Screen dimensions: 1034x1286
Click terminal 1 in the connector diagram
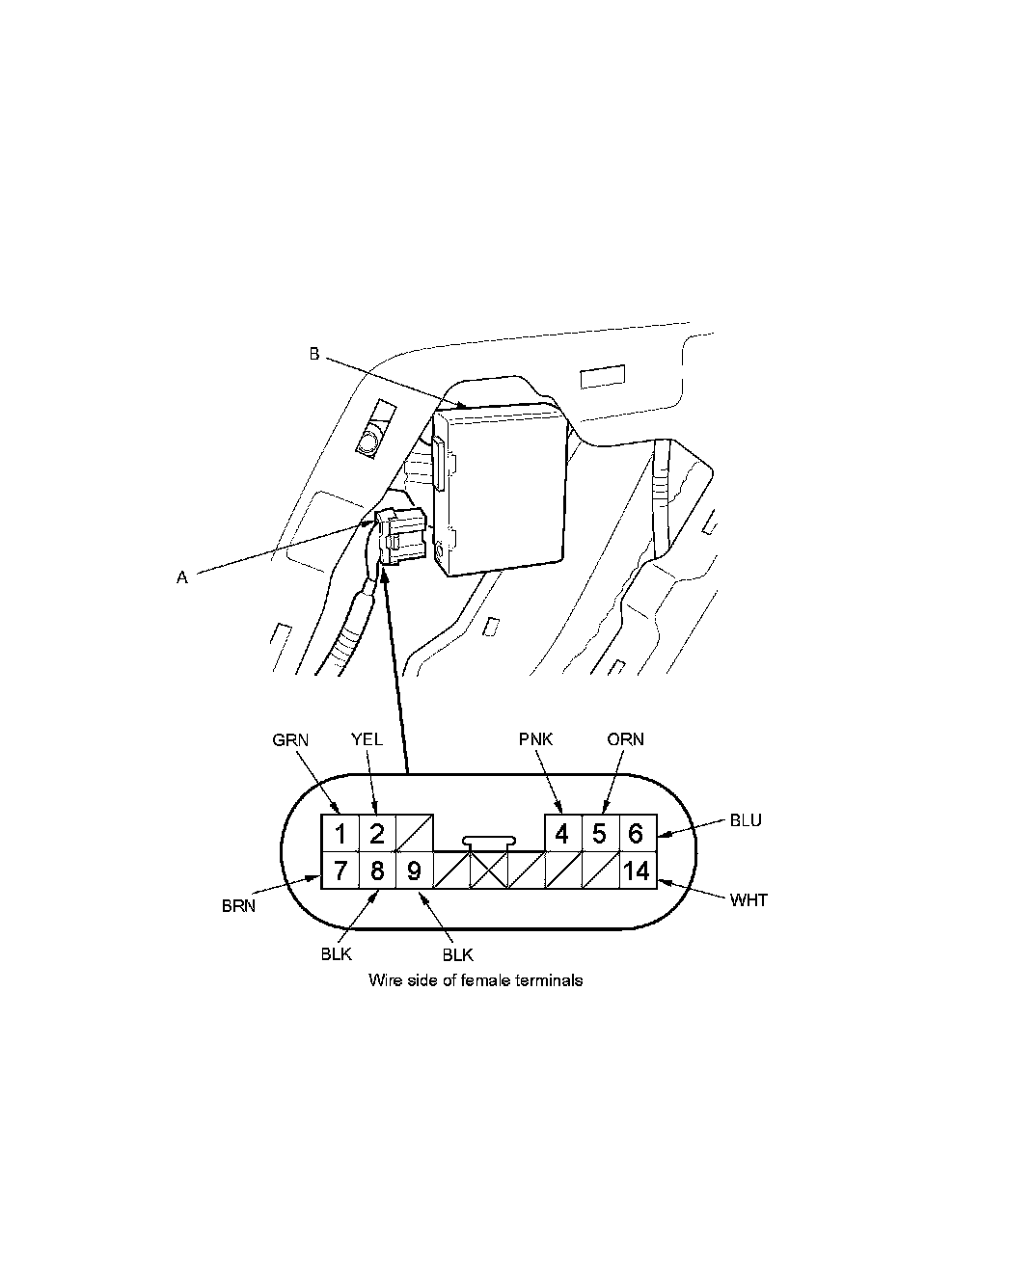click(x=340, y=832)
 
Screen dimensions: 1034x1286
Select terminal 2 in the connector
click(x=377, y=832)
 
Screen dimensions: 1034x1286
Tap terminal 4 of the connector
click(x=563, y=832)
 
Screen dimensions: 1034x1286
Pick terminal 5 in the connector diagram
click(x=599, y=832)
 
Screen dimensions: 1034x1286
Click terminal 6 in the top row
click(x=637, y=832)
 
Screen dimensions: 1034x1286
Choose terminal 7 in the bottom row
click(x=340, y=871)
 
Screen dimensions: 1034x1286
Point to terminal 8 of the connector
click(x=377, y=871)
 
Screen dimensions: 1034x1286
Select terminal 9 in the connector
click(x=414, y=871)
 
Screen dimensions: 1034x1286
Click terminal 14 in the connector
click(x=637, y=871)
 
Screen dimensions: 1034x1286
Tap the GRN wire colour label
click(x=290, y=740)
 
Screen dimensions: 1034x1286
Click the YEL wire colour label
click(x=367, y=740)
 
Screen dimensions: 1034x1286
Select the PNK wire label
click(x=535, y=740)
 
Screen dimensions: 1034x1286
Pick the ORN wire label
click(x=626, y=740)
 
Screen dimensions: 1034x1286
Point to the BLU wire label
click(x=746, y=821)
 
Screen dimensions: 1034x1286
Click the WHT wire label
click(x=748, y=901)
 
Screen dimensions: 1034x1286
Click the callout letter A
click(x=181, y=577)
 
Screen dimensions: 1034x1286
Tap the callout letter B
click(x=314, y=355)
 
